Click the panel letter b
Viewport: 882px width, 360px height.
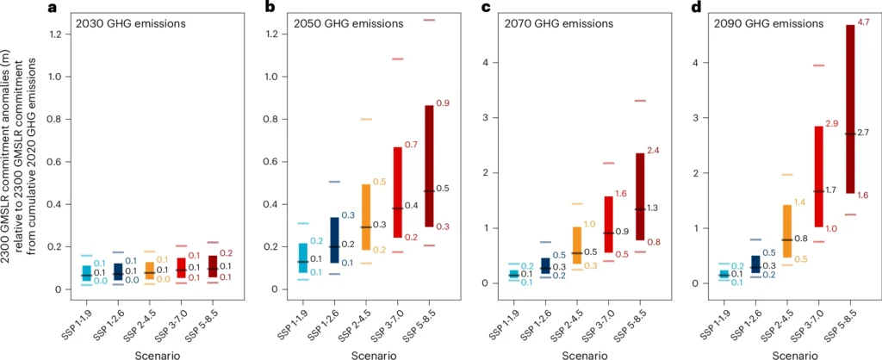click(x=270, y=8)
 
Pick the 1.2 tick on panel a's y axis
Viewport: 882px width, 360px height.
click(x=58, y=34)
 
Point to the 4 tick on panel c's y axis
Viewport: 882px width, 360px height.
click(x=487, y=63)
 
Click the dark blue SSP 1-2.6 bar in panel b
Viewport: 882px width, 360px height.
click(x=334, y=239)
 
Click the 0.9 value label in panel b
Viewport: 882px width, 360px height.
click(x=444, y=103)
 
